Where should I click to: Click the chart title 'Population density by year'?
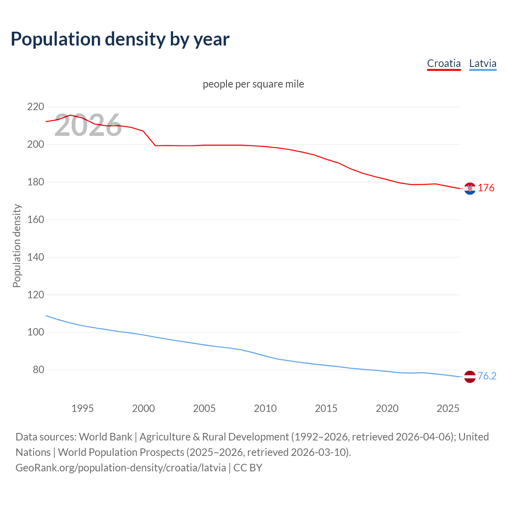click(x=120, y=39)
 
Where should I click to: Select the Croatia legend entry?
click(x=444, y=63)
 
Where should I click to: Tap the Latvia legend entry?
click(x=482, y=63)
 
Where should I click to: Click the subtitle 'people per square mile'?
click(x=253, y=84)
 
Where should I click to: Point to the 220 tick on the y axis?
click(x=35, y=107)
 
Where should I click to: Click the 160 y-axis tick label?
click(x=35, y=219)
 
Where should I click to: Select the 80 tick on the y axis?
click(x=38, y=370)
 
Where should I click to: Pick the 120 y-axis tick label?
click(x=35, y=295)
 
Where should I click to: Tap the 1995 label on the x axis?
click(x=82, y=408)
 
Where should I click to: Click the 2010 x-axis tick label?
click(x=265, y=408)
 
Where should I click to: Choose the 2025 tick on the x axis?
click(x=448, y=408)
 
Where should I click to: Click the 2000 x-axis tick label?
click(x=143, y=408)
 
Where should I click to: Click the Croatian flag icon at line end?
click(x=470, y=189)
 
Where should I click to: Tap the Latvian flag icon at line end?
click(x=470, y=377)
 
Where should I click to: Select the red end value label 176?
click(x=486, y=188)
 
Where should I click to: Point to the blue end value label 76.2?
click(x=487, y=376)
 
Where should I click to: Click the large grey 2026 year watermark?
click(x=88, y=126)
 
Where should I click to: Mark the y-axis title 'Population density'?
click(x=17, y=246)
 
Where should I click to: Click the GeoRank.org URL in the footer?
click(x=121, y=467)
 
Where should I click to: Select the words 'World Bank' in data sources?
click(x=105, y=437)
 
